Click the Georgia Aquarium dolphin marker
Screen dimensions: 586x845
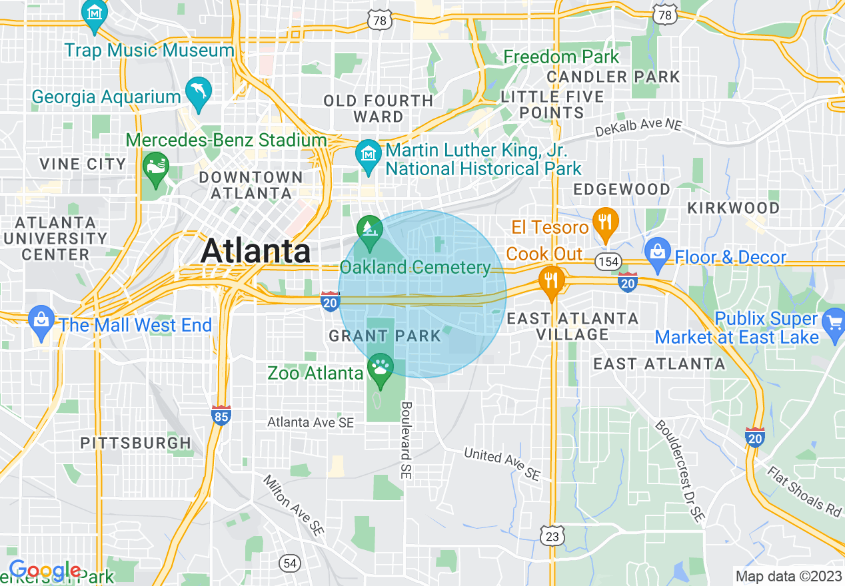[x=198, y=93]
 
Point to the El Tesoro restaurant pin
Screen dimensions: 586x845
[x=605, y=222]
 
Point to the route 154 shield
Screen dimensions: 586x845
[x=608, y=262]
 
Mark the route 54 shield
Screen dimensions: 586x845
[x=289, y=563]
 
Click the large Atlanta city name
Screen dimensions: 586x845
[x=256, y=251]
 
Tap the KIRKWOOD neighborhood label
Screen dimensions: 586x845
[x=734, y=208]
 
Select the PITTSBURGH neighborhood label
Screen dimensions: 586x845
[x=136, y=443]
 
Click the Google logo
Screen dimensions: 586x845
[x=45, y=571]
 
